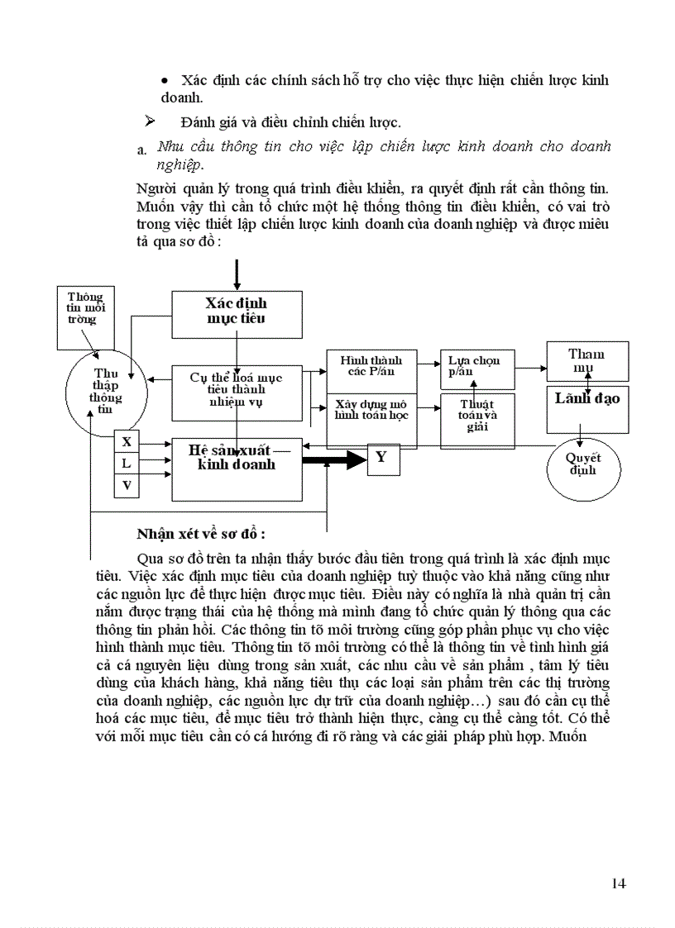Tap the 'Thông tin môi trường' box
point(86,307)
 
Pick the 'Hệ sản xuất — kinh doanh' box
point(236,468)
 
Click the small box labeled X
point(127,442)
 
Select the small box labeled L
point(127,464)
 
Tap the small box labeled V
point(127,486)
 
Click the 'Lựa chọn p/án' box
point(476,366)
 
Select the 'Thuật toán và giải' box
point(477,421)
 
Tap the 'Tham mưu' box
point(586,361)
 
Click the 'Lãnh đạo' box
point(587,409)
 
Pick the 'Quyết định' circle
point(583,468)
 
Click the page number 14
point(618,883)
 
